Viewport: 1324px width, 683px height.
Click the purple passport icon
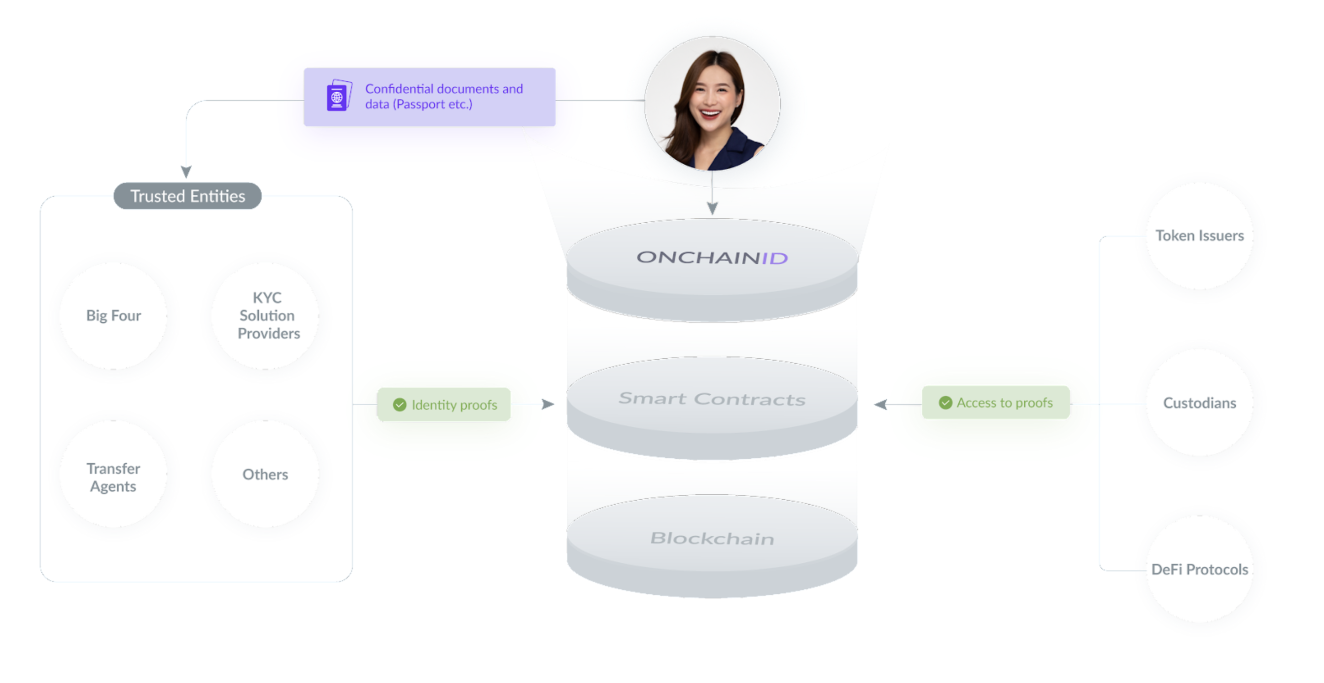(x=339, y=95)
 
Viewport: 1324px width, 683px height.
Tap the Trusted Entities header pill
(x=188, y=196)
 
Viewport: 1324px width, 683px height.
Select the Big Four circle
(x=113, y=315)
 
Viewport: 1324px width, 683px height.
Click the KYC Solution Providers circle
(x=266, y=315)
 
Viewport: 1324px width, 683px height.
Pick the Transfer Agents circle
(x=113, y=475)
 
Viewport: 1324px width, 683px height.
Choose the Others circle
(x=266, y=475)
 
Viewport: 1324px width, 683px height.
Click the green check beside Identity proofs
(x=399, y=405)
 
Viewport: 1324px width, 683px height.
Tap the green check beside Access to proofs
(x=945, y=403)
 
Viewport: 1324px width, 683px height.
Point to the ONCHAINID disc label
(x=712, y=257)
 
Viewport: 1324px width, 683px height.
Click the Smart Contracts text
(x=712, y=399)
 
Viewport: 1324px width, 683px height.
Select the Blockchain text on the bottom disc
(x=712, y=538)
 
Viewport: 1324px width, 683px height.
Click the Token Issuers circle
(x=1200, y=236)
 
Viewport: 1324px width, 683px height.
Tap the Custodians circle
(x=1200, y=403)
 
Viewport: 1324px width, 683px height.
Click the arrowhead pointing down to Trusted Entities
(x=186, y=171)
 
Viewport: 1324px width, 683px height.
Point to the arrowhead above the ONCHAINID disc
(x=712, y=208)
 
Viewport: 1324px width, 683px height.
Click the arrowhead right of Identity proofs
(x=548, y=405)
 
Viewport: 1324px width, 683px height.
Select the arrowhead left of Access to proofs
(x=880, y=405)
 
